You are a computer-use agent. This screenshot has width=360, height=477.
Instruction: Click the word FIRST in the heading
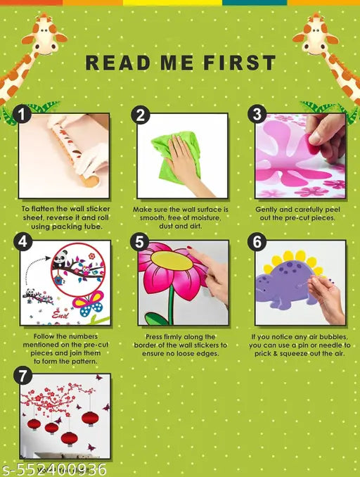click(240, 63)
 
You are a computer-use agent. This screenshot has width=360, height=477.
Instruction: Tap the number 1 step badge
click(22, 115)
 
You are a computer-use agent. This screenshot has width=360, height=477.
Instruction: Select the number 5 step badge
click(139, 242)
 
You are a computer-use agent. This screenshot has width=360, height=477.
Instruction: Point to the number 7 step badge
click(22, 376)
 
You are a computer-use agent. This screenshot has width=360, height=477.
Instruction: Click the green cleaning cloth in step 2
click(176, 155)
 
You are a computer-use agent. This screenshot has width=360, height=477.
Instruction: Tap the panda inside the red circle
click(60, 259)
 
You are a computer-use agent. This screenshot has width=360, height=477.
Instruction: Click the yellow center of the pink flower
click(172, 260)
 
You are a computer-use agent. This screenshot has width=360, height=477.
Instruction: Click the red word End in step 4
click(60, 314)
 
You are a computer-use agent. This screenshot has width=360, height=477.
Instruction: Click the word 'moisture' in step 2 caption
click(205, 218)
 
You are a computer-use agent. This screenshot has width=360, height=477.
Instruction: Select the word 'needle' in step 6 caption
click(330, 345)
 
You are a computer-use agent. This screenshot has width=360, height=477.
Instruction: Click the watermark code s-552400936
click(54, 469)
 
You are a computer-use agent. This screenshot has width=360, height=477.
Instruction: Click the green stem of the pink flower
click(171, 304)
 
